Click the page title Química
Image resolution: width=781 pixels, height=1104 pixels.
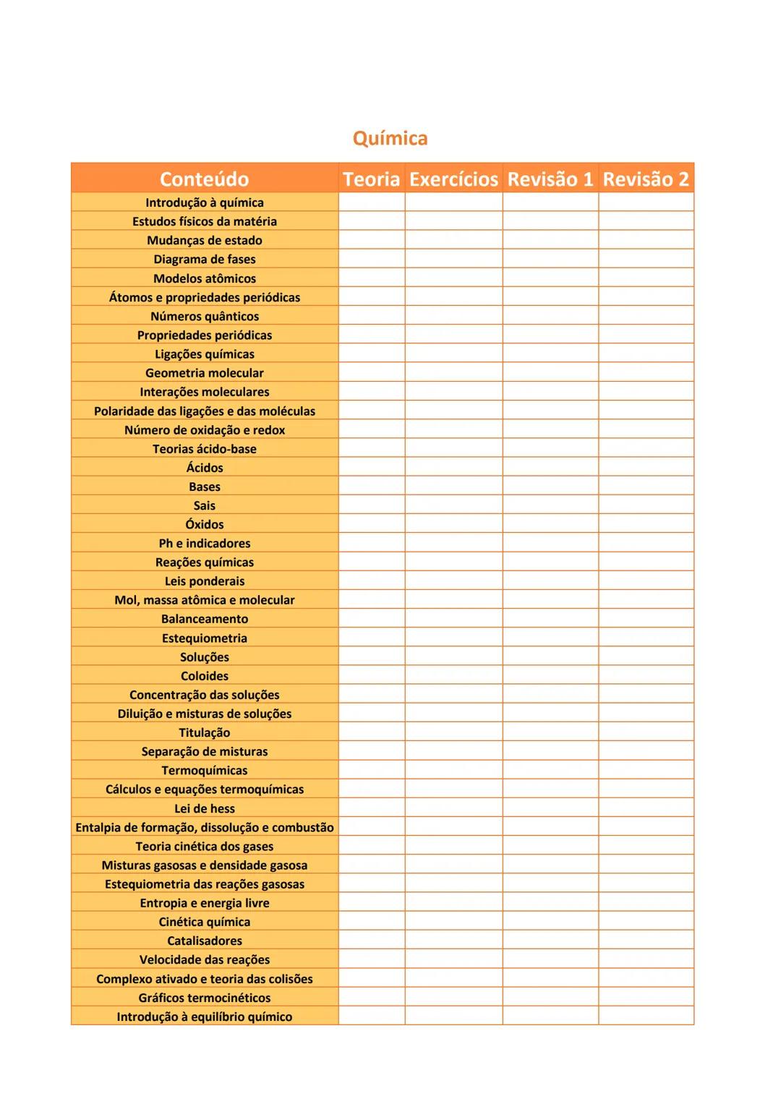[390, 138]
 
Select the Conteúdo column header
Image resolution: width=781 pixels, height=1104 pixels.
[204, 179]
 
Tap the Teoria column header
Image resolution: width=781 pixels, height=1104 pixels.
[371, 179]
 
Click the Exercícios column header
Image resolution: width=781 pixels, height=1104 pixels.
[453, 179]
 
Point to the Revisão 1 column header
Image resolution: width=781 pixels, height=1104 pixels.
[550, 179]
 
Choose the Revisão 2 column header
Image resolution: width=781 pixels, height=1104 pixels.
[646, 179]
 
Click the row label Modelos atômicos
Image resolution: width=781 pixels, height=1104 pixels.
[205, 278]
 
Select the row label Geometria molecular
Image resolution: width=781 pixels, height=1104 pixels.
[205, 373]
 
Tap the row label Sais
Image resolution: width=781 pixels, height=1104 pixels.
[205, 505]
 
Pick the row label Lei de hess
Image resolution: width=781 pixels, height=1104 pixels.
[205, 808]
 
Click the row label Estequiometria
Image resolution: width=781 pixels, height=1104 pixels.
[205, 638]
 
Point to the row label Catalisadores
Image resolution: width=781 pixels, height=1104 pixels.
[205, 941]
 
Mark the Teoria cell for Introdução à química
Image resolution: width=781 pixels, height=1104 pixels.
[371, 202]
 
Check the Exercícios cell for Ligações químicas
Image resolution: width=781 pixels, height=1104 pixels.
[453, 354]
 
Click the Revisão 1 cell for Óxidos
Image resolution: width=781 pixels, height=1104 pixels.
[550, 524]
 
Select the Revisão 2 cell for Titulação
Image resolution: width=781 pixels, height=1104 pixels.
[646, 732]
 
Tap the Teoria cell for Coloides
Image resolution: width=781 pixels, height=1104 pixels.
[371, 676]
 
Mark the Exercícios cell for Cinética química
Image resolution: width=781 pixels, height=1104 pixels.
[453, 922]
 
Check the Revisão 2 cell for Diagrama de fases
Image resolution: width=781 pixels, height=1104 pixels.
[646, 259]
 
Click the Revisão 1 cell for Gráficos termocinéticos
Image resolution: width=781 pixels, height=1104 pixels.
[550, 998]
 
